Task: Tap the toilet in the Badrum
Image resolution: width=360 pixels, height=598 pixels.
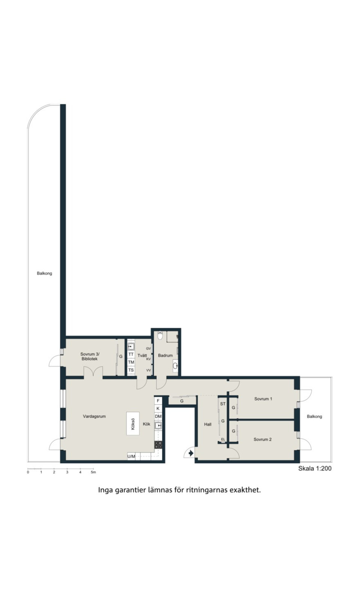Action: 160,335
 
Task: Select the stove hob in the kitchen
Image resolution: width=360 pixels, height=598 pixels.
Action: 158,445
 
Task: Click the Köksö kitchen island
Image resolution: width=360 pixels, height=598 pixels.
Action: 133,424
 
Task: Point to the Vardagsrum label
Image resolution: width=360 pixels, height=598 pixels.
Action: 94,416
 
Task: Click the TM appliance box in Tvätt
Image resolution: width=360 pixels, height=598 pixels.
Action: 131,362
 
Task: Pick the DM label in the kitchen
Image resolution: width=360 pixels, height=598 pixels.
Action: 158,416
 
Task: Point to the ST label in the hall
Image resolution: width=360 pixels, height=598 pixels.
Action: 223,404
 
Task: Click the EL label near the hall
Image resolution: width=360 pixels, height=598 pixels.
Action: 223,439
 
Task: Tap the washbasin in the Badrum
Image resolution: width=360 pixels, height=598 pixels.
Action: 175,365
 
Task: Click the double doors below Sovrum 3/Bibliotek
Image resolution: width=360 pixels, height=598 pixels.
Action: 93,372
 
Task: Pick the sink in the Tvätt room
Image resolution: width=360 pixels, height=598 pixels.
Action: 131,347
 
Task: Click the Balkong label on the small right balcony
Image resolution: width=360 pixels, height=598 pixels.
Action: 314,416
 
